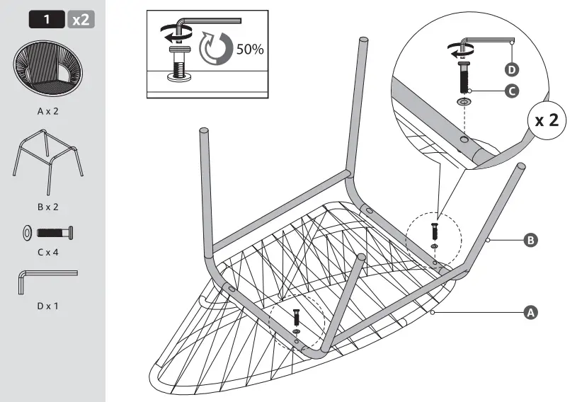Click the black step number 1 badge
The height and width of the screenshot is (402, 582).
(47, 19)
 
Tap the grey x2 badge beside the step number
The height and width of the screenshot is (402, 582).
(81, 19)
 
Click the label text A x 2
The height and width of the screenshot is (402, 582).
(48, 111)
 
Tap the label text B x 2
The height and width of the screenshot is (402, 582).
(48, 207)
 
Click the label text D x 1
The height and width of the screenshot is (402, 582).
(48, 306)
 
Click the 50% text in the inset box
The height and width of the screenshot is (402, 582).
(249, 50)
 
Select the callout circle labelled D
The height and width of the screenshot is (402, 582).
(512, 69)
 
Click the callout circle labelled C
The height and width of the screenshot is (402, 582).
(512, 91)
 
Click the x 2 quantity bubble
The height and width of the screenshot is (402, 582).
(546, 120)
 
